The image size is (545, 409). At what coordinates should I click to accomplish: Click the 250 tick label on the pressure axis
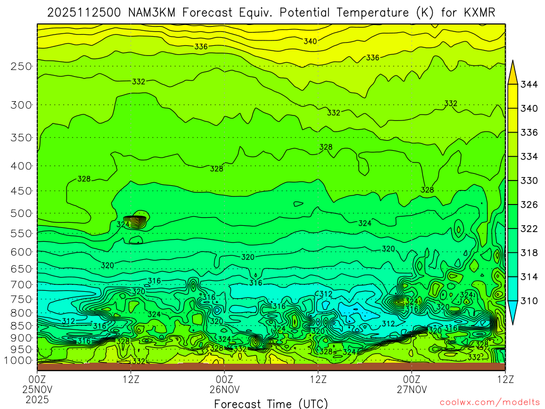(21, 67)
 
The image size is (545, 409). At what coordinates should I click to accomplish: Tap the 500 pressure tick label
(21, 214)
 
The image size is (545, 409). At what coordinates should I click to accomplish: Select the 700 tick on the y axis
(21, 284)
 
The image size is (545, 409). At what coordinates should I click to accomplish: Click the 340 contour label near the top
(310, 42)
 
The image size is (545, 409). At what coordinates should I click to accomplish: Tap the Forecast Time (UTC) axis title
(271, 404)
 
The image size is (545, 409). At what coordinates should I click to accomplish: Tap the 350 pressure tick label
(21, 138)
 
